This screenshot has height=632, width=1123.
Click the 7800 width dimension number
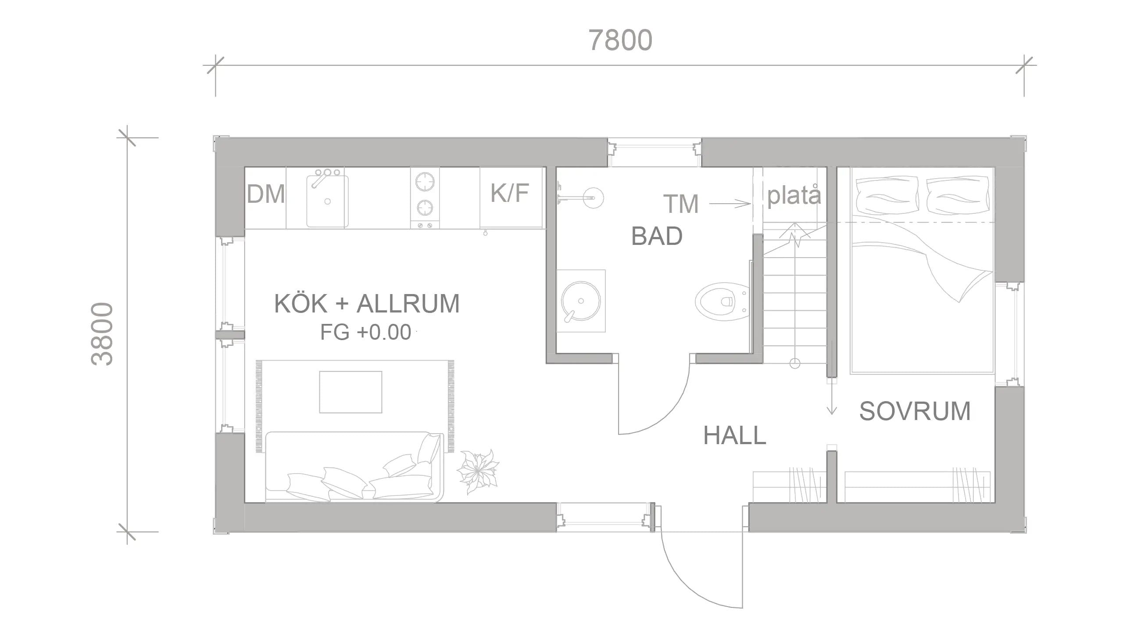(620, 40)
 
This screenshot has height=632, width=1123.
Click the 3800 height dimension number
(102, 334)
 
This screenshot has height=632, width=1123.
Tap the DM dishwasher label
(265, 194)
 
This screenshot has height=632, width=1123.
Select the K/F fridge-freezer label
(509, 193)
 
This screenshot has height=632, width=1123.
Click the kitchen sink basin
(327, 202)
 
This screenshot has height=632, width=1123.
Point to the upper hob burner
(425, 181)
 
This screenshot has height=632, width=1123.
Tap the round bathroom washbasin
(580, 301)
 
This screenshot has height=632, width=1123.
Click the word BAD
(657, 236)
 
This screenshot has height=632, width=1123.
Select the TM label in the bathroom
(680, 204)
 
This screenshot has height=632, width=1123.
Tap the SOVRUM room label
(915, 411)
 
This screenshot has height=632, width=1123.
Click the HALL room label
(735, 436)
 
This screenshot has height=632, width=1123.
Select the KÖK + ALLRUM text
(367, 304)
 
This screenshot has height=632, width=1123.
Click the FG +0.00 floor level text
(365, 332)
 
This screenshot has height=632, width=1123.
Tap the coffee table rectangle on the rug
(350, 392)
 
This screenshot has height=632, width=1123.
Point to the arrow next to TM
(730, 204)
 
